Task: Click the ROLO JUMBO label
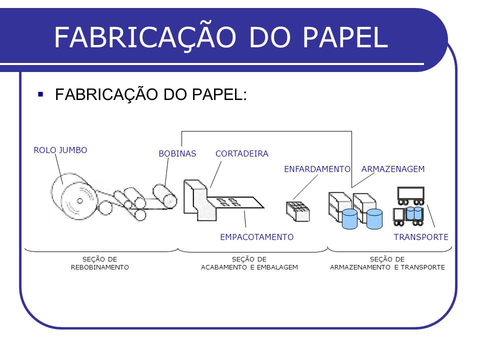(x=60, y=150)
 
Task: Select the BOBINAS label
(x=177, y=153)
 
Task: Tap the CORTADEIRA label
(x=242, y=153)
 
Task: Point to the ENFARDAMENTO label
(x=317, y=169)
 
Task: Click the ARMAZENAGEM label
(x=393, y=169)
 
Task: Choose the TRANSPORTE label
(x=421, y=237)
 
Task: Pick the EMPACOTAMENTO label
(x=257, y=237)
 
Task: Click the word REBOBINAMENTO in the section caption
(x=100, y=267)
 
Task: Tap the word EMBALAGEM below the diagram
(x=277, y=267)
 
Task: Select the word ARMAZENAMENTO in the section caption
(x=360, y=267)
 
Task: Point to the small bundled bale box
(x=298, y=211)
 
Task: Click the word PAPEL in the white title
(x=345, y=37)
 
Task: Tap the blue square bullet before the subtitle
(x=40, y=94)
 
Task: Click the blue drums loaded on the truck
(x=414, y=213)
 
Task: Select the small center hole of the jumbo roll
(x=79, y=201)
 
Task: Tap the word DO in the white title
(x=269, y=37)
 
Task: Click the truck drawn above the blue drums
(x=411, y=195)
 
